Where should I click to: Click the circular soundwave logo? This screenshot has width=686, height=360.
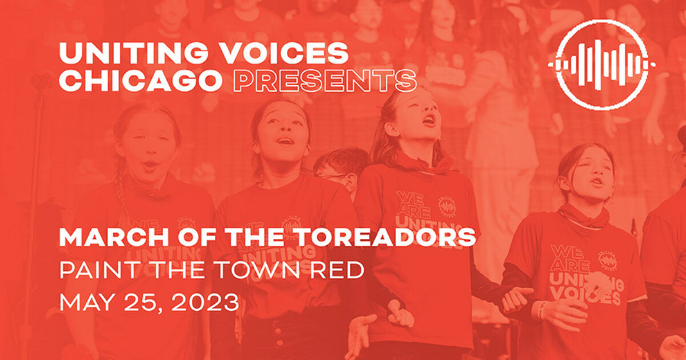(601, 65)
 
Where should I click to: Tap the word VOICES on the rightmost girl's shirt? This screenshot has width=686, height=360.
(596, 298)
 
